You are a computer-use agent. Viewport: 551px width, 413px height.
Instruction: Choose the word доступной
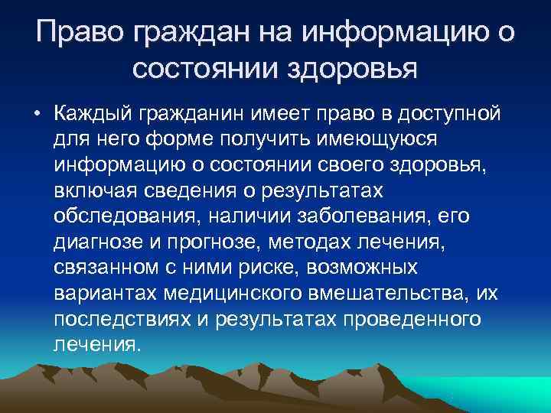pos(442,115)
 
